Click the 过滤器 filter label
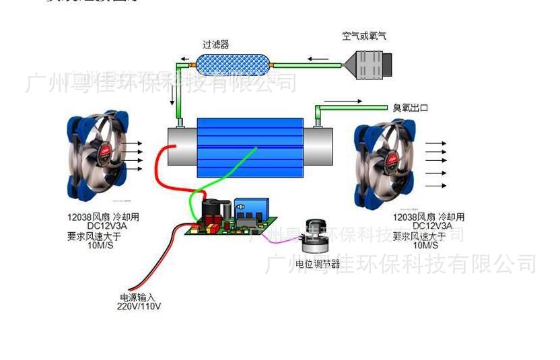[x=215, y=44]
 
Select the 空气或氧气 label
[x=364, y=36]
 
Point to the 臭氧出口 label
[x=410, y=108]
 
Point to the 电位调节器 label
[x=318, y=263]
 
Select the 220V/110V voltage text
[x=139, y=307]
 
